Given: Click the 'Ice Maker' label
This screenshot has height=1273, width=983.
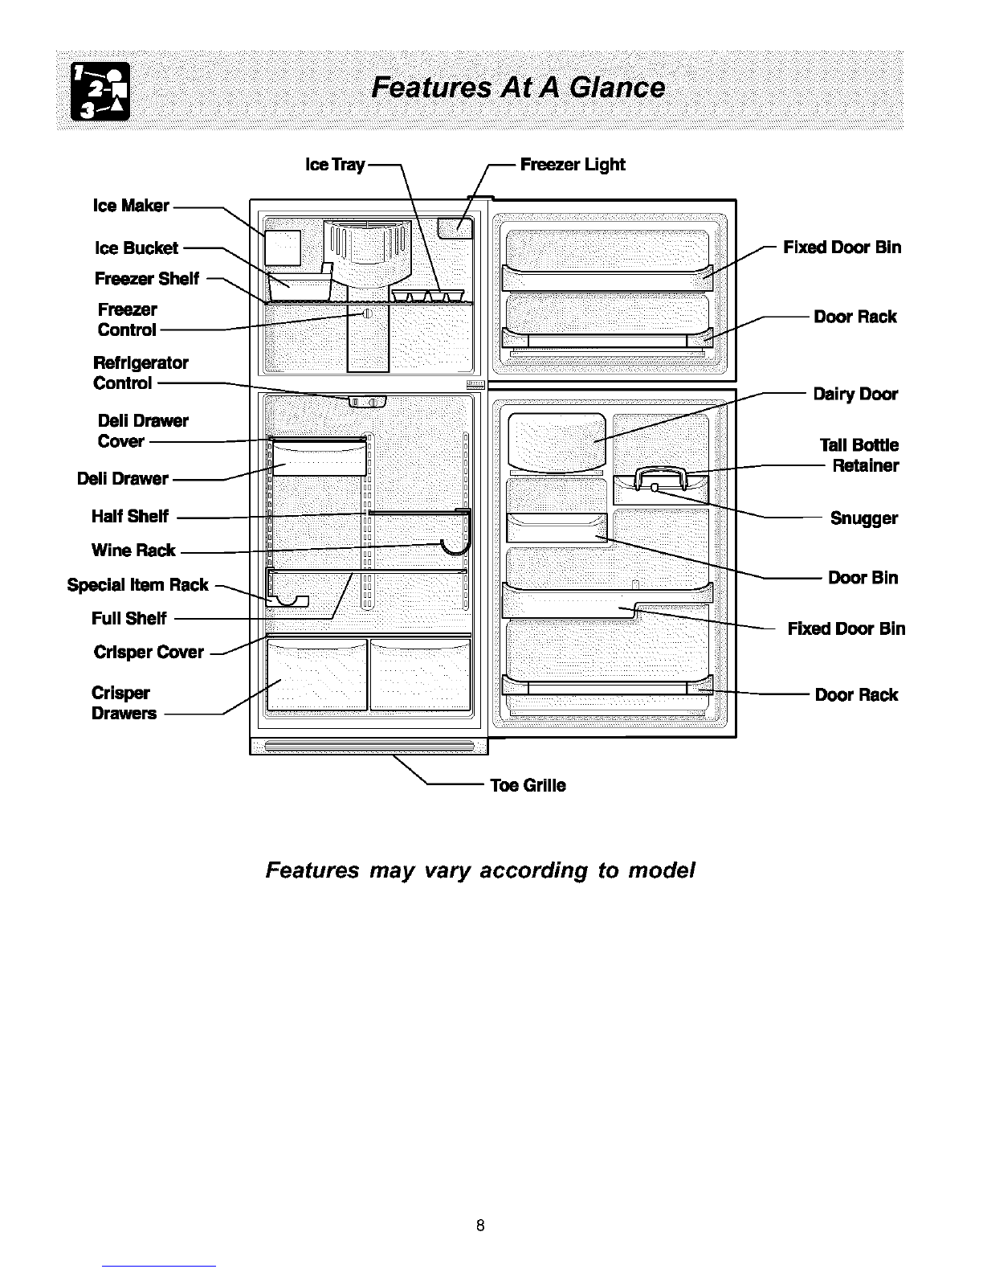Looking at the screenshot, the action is tap(131, 206).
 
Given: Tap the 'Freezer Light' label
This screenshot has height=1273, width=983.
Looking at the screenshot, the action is tap(573, 165).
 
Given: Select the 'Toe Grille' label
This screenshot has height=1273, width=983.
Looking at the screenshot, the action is tap(528, 785).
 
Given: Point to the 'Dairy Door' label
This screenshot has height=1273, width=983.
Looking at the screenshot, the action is tap(855, 395).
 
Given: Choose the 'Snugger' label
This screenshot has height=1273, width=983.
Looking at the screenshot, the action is tap(863, 518).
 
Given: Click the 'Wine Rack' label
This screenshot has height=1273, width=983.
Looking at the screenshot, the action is tap(133, 550).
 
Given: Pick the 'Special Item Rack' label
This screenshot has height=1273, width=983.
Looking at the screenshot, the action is tap(137, 584).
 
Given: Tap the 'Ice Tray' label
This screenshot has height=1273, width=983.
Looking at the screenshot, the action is tap(335, 165).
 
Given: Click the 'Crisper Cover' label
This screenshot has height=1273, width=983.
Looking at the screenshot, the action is tap(149, 652).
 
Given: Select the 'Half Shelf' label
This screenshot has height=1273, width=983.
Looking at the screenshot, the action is tap(130, 516).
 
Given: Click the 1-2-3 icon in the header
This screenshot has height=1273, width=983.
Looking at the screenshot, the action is tap(100, 92).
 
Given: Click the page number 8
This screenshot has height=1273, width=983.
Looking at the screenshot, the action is tap(480, 1225).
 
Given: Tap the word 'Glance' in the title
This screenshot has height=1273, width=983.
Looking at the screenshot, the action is tap(617, 88).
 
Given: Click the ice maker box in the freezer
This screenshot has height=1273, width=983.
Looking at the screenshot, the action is tap(283, 248).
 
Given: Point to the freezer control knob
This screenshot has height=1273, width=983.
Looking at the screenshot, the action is tap(368, 313).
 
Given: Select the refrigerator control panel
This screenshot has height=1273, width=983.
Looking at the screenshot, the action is tap(368, 402).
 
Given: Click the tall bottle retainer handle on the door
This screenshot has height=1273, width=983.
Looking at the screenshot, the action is tap(660, 478).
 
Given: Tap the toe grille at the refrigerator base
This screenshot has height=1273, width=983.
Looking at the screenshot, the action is tap(369, 746).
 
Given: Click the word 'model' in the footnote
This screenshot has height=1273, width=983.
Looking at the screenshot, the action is tap(662, 870).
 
